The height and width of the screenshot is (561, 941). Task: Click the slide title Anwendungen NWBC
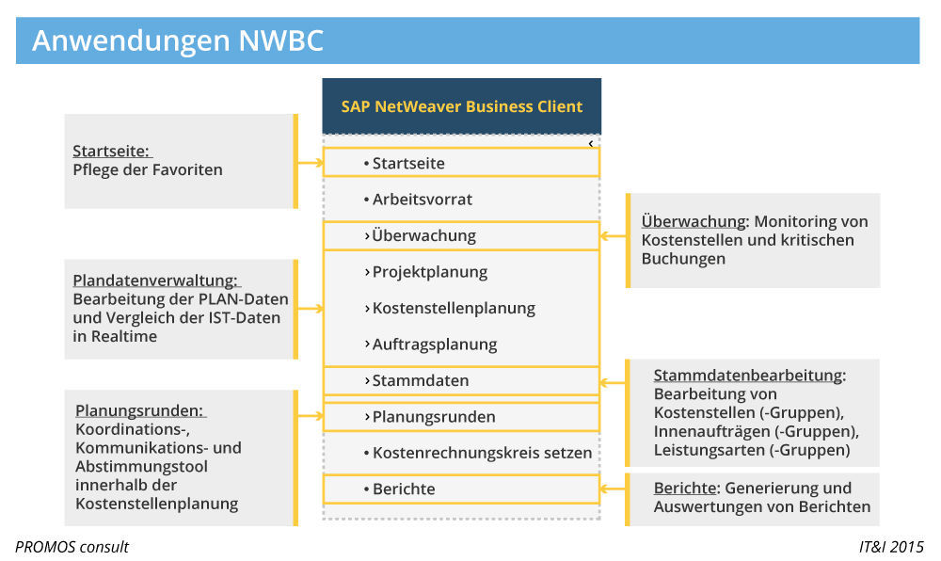(x=178, y=40)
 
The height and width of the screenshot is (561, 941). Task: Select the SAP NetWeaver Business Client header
(x=461, y=106)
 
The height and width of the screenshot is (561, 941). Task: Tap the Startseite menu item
(x=407, y=163)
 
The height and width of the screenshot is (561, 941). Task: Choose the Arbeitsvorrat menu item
(x=422, y=200)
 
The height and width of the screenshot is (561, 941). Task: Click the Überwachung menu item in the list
(x=423, y=235)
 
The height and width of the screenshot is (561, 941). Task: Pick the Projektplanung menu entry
(x=429, y=272)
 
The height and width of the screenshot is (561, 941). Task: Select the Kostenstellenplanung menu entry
(x=453, y=308)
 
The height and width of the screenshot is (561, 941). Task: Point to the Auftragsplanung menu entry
(x=434, y=345)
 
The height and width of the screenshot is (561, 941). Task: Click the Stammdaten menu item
(x=420, y=380)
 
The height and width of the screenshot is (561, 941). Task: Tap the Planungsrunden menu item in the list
(x=433, y=417)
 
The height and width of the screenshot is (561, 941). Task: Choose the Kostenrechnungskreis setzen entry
(x=481, y=453)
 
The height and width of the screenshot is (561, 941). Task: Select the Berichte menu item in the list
(x=403, y=489)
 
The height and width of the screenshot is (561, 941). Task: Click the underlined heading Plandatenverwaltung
(x=155, y=280)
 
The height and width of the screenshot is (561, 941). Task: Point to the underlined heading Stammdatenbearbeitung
(x=748, y=375)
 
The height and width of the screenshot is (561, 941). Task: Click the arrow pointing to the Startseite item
(x=310, y=163)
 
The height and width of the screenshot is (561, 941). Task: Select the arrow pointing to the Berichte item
(x=613, y=489)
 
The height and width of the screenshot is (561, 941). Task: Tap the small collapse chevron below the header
(x=590, y=144)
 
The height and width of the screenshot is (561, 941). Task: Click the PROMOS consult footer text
(x=72, y=547)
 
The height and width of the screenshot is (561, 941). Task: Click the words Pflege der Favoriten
(x=148, y=170)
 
